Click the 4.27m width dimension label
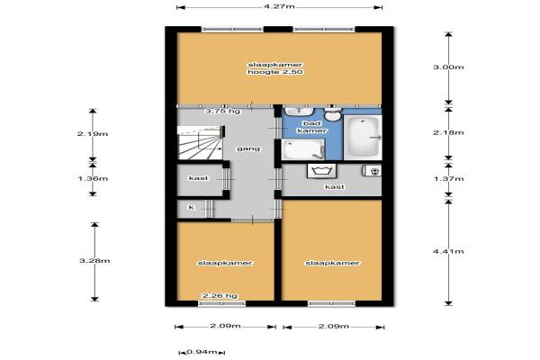point(280,6)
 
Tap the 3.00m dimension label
point(448,67)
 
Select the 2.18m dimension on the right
point(448,132)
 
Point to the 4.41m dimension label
point(448,251)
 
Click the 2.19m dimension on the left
point(93,134)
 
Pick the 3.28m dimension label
point(94,260)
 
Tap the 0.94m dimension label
point(202,352)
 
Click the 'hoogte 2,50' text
point(275,72)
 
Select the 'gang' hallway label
point(248,148)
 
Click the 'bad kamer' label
point(312,127)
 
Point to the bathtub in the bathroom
point(363,137)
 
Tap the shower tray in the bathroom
point(303,150)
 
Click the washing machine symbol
point(321,171)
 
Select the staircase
point(200,142)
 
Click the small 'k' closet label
point(191,207)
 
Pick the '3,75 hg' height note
point(223,112)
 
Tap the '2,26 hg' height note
point(220,295)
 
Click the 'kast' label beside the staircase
point(198,178)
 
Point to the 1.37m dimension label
point(448,178)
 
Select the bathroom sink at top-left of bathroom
point(299,111)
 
